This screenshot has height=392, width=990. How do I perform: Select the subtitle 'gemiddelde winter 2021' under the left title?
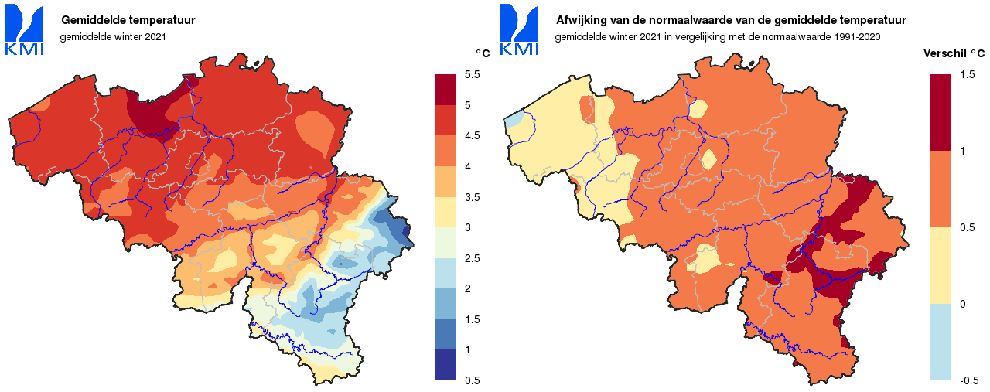pos(113,36)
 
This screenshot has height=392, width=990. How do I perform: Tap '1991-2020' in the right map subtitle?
pos(857,36)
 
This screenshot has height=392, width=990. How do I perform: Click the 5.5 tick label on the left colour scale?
pos(472,74)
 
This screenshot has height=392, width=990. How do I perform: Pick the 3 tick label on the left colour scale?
pos(468,227)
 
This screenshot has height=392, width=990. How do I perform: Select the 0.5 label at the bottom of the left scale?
pos(472,380)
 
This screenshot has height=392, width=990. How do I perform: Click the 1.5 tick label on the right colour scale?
pos(967,74)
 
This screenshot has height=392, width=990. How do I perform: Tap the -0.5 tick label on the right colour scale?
pos(968,380)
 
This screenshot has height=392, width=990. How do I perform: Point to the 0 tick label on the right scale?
pos(963,304)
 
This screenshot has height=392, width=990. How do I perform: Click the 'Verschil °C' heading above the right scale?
pos(954,54)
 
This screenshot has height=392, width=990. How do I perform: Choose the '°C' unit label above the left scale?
pos(482,54)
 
